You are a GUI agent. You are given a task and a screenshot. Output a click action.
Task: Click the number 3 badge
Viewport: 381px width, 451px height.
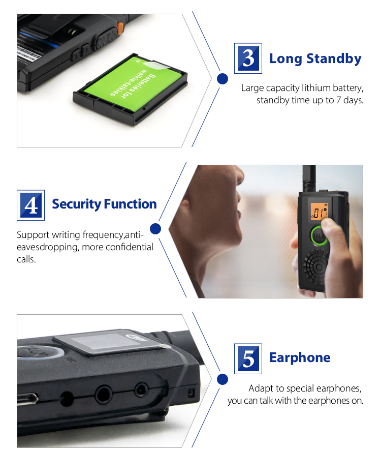[248, 58]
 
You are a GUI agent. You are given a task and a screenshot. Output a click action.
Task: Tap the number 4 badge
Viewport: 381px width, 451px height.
[31, 205]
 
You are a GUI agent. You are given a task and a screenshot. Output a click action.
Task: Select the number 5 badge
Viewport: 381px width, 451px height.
[248, 358]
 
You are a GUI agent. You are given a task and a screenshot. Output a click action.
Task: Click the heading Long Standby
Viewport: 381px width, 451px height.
[315, 58]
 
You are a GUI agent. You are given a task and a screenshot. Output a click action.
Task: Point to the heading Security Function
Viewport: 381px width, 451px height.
[104, 204]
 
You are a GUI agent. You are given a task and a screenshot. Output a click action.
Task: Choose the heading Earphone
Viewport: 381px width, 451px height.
[300, 357]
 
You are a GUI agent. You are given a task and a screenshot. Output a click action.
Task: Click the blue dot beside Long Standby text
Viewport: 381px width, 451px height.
[222, 79]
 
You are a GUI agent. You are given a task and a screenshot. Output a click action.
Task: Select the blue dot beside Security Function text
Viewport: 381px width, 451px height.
[156, 229]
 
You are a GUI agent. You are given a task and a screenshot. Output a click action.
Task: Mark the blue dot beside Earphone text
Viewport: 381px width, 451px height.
[222, 379]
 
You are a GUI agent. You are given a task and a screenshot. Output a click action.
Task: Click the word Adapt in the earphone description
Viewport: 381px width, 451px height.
[260, 388]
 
